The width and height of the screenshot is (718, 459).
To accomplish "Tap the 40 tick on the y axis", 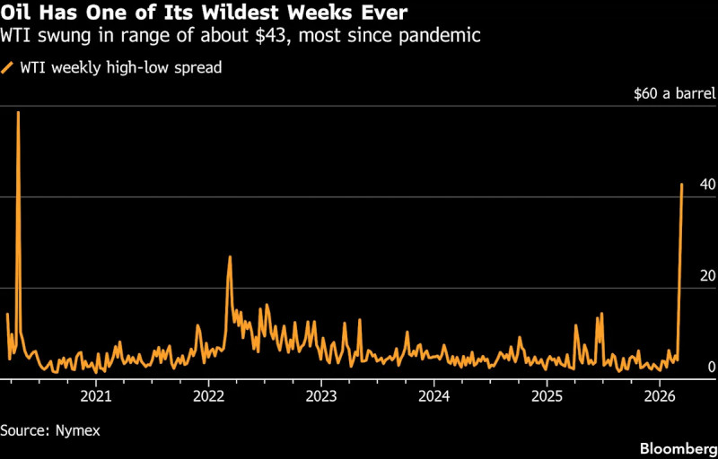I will coord(707,185).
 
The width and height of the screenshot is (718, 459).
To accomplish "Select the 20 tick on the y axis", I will coord(707,275).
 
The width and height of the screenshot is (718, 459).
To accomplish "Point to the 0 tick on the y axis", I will coord(711,367).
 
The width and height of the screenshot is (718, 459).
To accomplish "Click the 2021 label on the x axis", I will coord(95,395).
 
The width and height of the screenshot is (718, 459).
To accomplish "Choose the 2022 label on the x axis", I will coord(208,395).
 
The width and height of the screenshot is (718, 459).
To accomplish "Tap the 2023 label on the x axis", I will coord(320,395).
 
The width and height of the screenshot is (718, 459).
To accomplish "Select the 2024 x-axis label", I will coord(433,395).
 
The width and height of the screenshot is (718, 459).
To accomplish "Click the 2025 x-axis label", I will coord(547,395).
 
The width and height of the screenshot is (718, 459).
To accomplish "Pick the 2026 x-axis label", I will coord(660,395).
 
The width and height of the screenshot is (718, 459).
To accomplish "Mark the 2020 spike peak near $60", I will coord(18,112).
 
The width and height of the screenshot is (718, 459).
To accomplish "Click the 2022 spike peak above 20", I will coord(230,257).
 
